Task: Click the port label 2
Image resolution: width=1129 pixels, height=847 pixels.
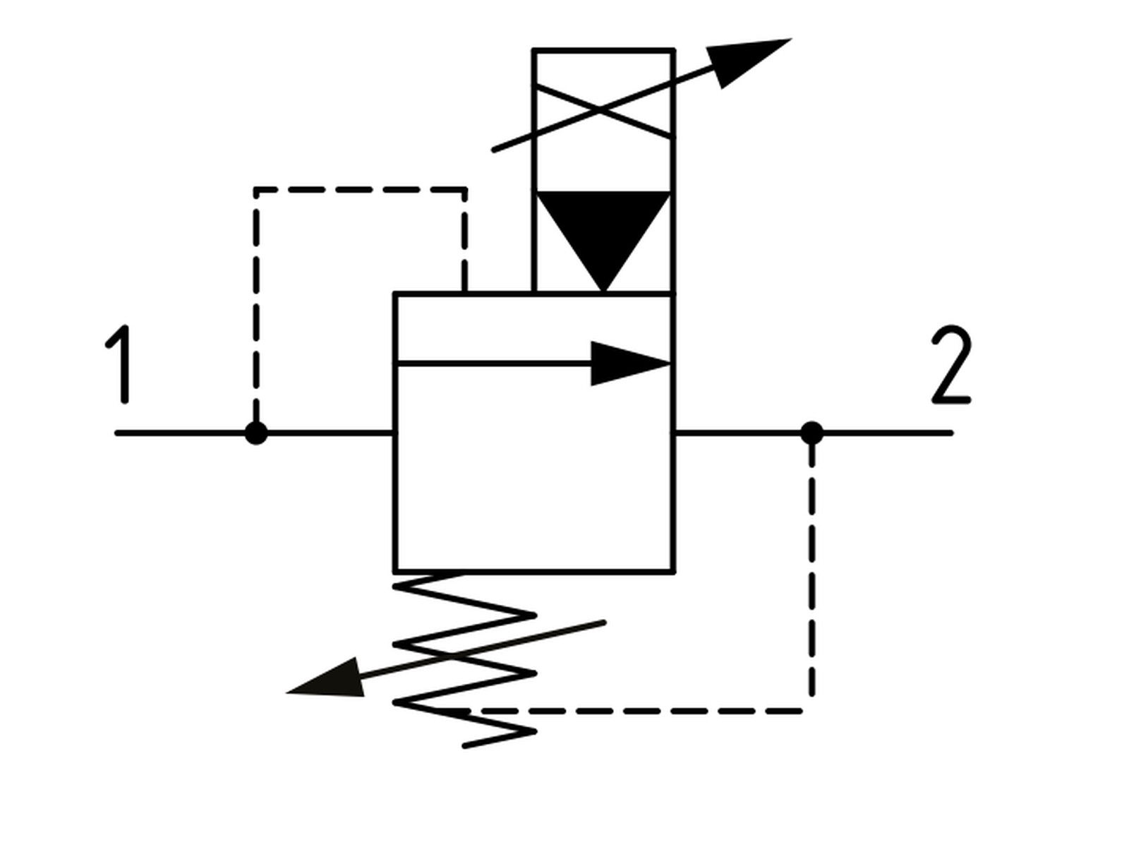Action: tap(951, 364)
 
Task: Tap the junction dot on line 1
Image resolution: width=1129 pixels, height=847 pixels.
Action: tap(256, 433)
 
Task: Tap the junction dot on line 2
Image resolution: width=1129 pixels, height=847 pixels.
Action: tap(811, 433)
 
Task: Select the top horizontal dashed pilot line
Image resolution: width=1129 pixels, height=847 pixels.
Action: tap(360, 190)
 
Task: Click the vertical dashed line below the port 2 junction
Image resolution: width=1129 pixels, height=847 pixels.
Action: tap(811, 571)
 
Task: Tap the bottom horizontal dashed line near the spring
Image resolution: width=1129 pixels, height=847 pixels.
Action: tap(627, 711)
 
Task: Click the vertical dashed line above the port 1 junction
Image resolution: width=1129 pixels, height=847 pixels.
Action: tap(256, 306)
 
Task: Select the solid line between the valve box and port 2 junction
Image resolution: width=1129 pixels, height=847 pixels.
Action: tap(737, 433)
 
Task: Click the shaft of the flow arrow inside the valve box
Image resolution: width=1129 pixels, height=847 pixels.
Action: tap(494, 364)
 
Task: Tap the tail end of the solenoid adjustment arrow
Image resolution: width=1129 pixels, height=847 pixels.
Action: tap(494, 150)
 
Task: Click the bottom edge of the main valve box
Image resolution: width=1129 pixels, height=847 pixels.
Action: tap(534, 571)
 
